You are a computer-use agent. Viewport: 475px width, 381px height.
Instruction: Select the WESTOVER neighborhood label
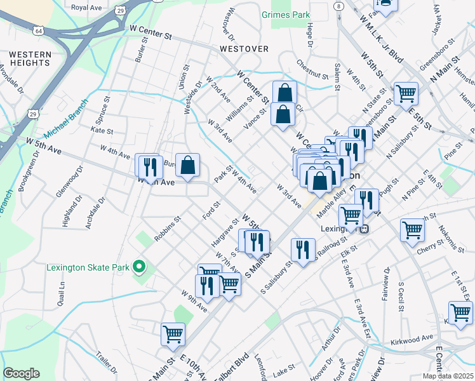[x=244, y=49]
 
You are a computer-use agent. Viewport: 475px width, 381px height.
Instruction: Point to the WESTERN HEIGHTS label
[x=30, y=58]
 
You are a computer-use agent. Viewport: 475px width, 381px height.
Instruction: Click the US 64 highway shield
[x=39, y=30]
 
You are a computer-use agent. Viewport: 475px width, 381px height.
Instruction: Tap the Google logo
[x=21, y=373]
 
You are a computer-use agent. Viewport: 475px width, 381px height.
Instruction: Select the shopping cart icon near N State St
[x=406, y=95]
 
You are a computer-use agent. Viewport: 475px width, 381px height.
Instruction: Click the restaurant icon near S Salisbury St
[x=303, y=249]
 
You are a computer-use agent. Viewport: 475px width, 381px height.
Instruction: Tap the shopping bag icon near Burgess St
[x=187, y=166]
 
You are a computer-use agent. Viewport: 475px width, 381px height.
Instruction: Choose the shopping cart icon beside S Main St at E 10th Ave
[x=173, y=333]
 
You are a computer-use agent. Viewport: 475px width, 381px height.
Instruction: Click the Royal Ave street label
[x=87, y=8]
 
